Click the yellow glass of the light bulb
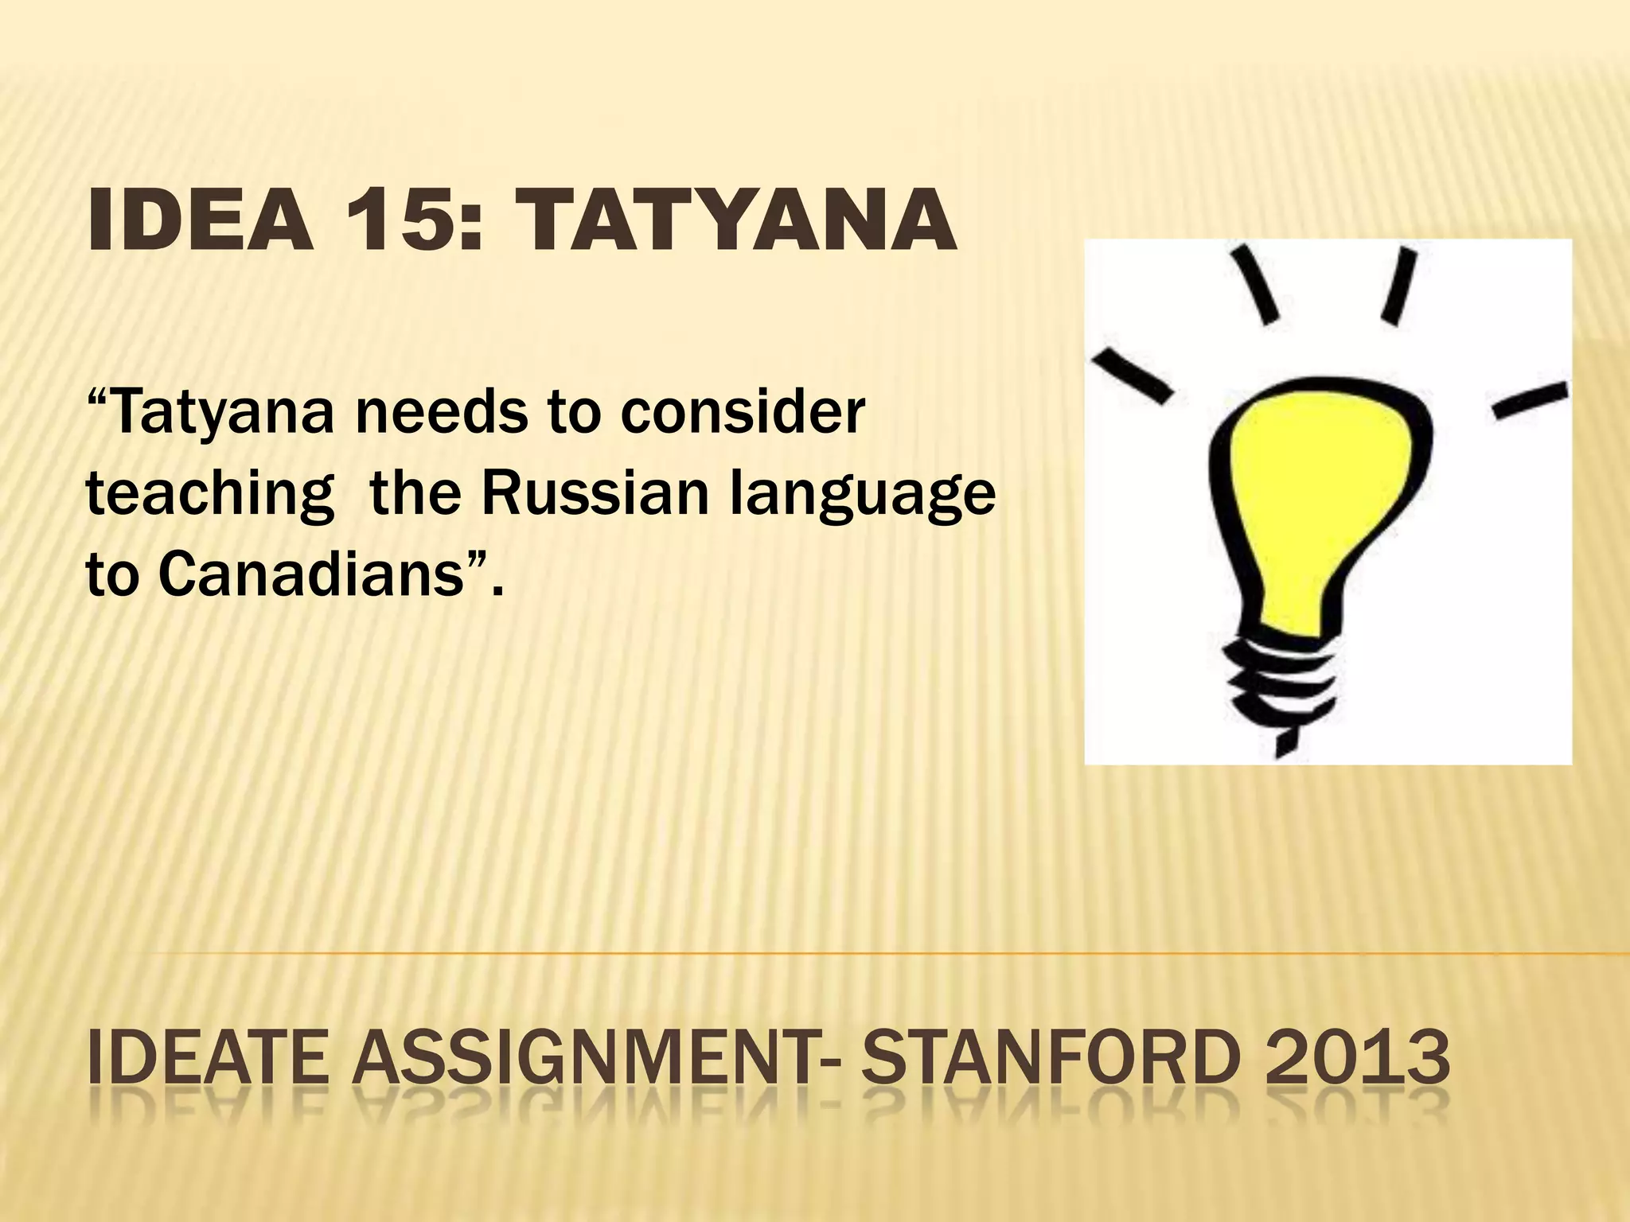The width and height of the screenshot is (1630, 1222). pos(1321,509)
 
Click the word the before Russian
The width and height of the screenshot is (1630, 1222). pos(415,493)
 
